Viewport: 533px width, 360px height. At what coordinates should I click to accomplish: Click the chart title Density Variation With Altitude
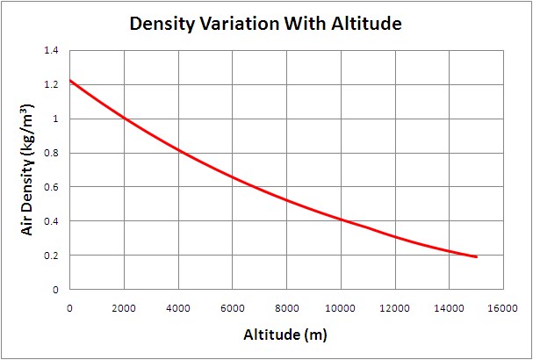[265, 24]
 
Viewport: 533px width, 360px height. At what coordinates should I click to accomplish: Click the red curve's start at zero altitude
[70, 81]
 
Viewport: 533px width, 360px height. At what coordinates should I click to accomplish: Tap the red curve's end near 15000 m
[475, 256]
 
